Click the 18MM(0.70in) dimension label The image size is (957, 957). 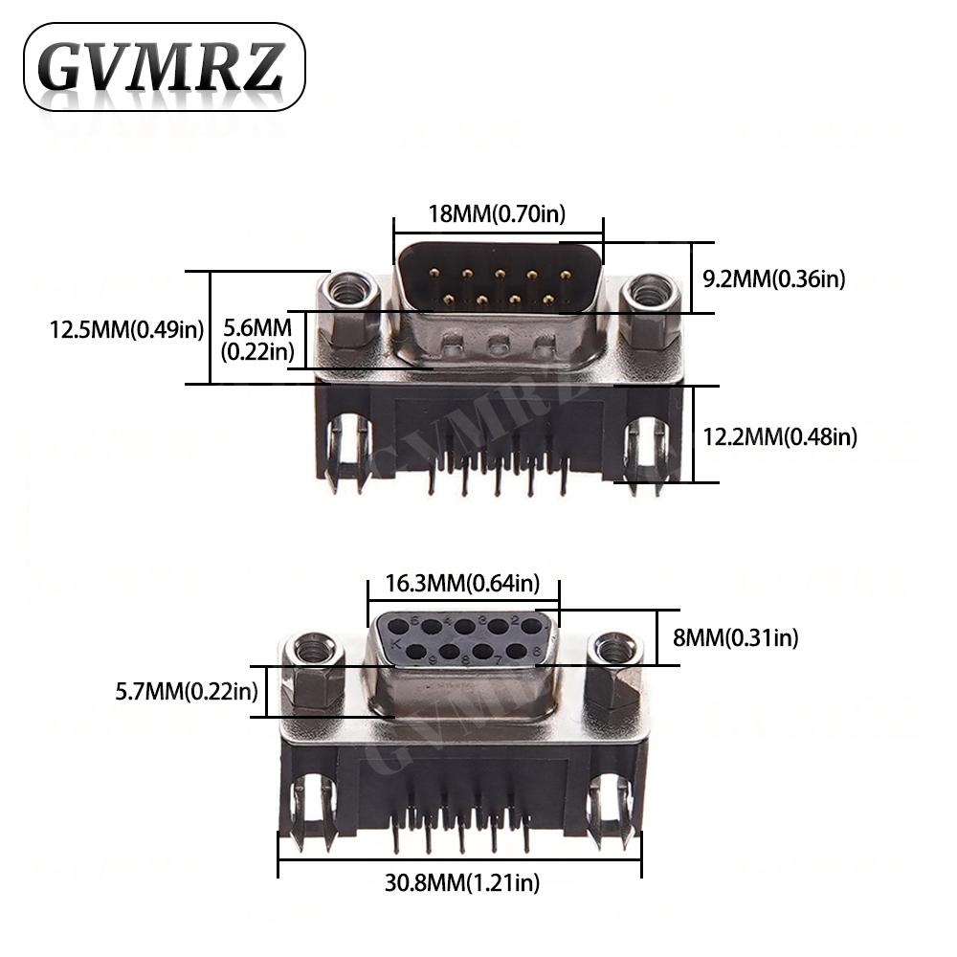coord(497,213)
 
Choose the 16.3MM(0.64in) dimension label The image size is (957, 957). coord(463,583)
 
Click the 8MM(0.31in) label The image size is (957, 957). coord(735,636)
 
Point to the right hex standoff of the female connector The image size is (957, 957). coord(613,670)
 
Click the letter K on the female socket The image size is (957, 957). coord(396,643)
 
